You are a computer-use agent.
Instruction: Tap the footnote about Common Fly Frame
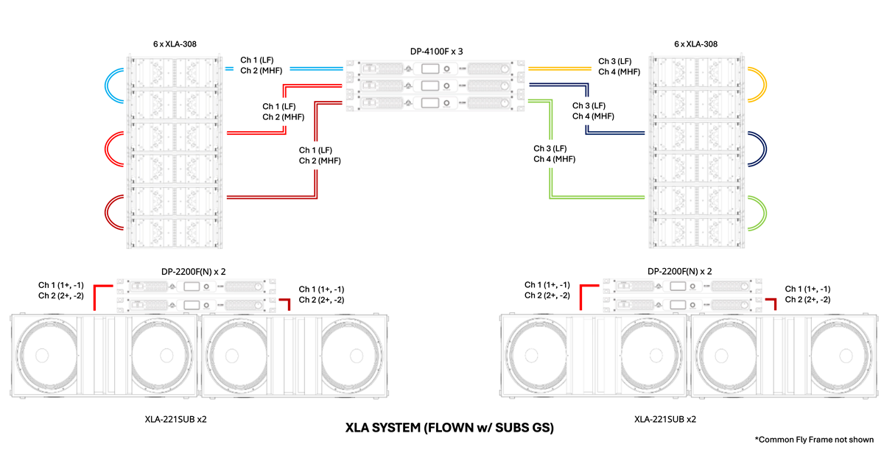[x=814, y=440]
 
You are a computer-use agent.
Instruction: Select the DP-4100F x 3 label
[x=436, y=52]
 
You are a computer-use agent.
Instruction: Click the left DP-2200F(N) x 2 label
[x=193, y=271]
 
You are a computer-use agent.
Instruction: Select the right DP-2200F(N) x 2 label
[x=680, y=271]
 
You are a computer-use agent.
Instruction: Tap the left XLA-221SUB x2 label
[x=175, y=419]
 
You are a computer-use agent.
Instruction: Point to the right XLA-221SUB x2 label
[x=664, y=419]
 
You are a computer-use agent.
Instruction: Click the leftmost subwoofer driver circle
[x=55, y=356]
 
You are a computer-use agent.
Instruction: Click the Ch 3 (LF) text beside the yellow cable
[x=614, y=60]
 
